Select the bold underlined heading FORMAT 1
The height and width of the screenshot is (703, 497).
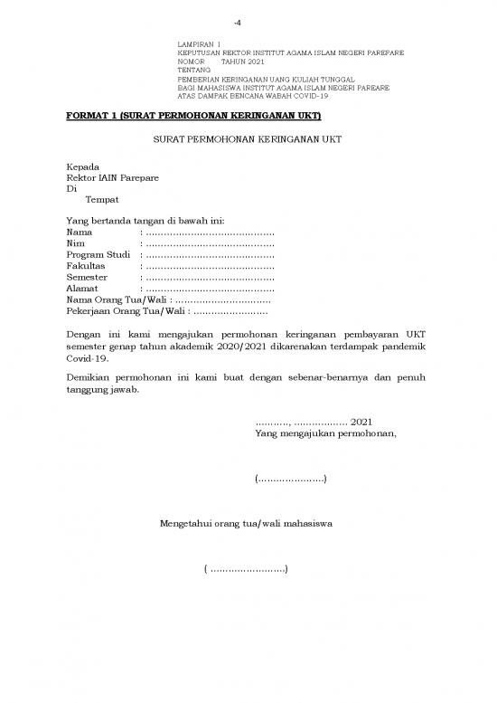[194, 116]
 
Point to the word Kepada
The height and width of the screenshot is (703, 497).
[83, 167]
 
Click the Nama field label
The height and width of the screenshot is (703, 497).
[80, 233]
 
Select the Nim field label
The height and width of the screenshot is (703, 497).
[76, 244]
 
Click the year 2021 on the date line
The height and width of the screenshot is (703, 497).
[361, 422]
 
